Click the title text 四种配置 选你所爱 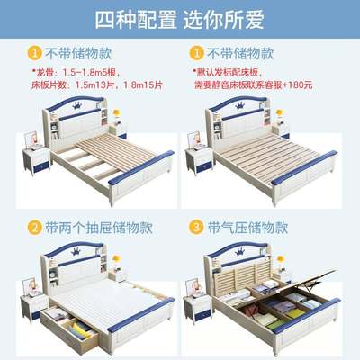pyautogui.click(x=180, y=18)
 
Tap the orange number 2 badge pyautogui.click(x=33, y=227)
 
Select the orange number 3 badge pyautogui.click(x=195, y=227)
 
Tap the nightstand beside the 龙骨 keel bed pyautogui.click(x=34, y=162)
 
